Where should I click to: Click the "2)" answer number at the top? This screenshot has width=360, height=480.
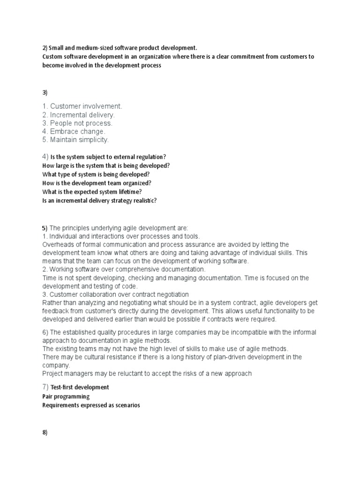tap(45, 48)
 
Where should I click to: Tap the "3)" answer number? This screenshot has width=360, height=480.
tap(45, 93)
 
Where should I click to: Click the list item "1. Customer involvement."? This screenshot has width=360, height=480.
tap(82, 106)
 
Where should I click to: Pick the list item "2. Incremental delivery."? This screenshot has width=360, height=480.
tap(78, 115)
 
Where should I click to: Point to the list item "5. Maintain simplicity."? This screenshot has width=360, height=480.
tap(75, 140)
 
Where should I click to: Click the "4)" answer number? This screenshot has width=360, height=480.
tap(45, 156)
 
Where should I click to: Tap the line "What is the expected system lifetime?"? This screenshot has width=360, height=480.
tap(92, 192)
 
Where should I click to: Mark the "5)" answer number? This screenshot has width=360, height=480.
tap(45, 227)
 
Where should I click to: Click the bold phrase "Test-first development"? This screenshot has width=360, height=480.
tap(80, 387)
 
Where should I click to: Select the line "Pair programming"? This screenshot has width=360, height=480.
tap(66, 396)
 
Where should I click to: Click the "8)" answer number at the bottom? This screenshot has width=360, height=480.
tap(45, 433)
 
